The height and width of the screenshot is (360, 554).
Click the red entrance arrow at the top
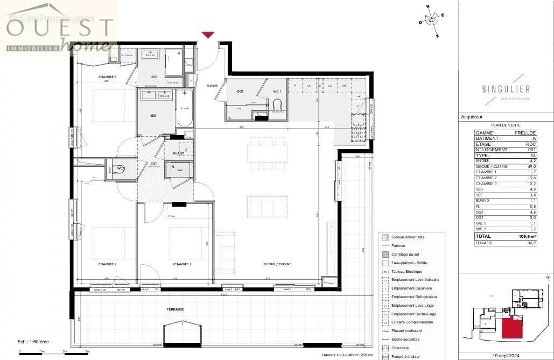208,35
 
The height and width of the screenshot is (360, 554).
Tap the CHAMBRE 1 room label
182,264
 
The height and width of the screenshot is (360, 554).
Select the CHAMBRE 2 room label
108,264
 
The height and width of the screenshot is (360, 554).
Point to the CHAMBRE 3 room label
107,77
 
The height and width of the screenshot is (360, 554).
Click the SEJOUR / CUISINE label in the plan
277,264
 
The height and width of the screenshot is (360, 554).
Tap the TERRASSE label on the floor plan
175,309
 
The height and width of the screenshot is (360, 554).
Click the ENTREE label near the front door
212,86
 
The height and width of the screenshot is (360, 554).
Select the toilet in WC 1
277,105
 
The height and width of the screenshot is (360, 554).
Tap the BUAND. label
179,153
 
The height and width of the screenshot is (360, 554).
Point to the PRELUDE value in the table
524,133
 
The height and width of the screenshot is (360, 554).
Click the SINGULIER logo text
506,89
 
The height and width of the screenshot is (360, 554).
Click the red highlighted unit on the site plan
512,328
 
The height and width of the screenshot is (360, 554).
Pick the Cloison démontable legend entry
408,237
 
